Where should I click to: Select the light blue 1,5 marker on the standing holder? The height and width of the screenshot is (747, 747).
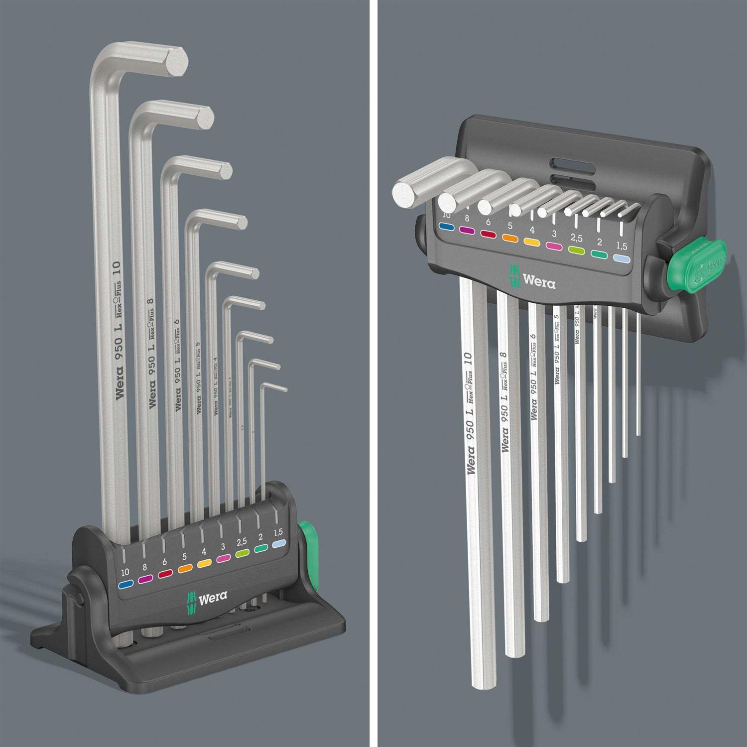(x=280, y=544)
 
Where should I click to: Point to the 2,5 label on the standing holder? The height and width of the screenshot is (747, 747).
(x=242, y=541)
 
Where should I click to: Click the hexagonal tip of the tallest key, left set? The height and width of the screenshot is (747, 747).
(x=176, y=62)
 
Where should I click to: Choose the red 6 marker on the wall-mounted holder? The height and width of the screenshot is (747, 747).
(x=488, y=234)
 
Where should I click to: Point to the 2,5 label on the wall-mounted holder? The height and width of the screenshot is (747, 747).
(x=576, y=239)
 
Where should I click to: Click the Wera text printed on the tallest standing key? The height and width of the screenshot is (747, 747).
(x=120, y=382)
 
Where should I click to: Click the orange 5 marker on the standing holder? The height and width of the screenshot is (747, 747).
(x=185, y=568)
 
